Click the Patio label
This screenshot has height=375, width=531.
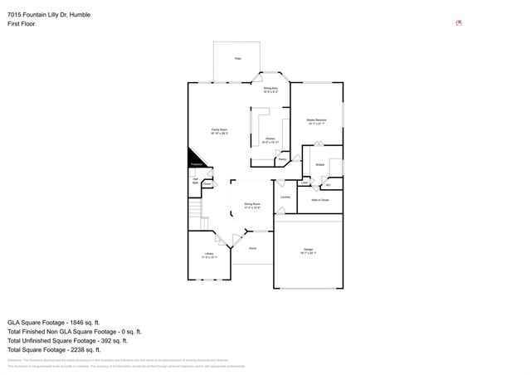coord(237,59)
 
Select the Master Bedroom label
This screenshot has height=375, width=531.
coord(316,121)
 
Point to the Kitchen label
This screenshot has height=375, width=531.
coord(270,139)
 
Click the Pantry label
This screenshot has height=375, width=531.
coord(282,158)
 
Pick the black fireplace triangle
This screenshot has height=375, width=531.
coord(197,158)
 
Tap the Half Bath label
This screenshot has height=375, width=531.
coord(195,180)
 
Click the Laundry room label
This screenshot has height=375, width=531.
coord(285,197)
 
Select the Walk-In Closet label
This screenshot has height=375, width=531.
coord(319,200)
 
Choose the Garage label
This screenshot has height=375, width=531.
coord(308,250)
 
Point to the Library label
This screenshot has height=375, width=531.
coord(208,255)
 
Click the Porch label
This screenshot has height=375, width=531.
coord(252,248)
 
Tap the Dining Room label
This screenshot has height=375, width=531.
coord(252,205)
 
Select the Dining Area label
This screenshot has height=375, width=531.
coord(270,89)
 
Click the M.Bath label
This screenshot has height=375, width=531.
coord(319,166)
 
